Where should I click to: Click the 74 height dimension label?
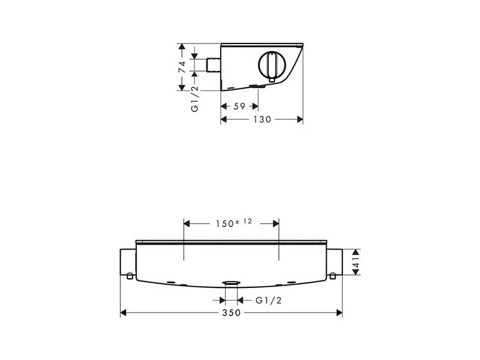[182, 67]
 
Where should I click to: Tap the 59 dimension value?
[239, 106]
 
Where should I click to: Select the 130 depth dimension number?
[263, 119]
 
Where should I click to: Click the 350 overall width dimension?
[231, 313]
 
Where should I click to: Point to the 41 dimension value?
[356, 262]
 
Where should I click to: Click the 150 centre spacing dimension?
[225, 224]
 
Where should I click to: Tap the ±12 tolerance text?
[243, 221]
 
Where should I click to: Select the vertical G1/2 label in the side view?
[195, 98]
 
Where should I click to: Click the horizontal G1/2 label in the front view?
[269, 300]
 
